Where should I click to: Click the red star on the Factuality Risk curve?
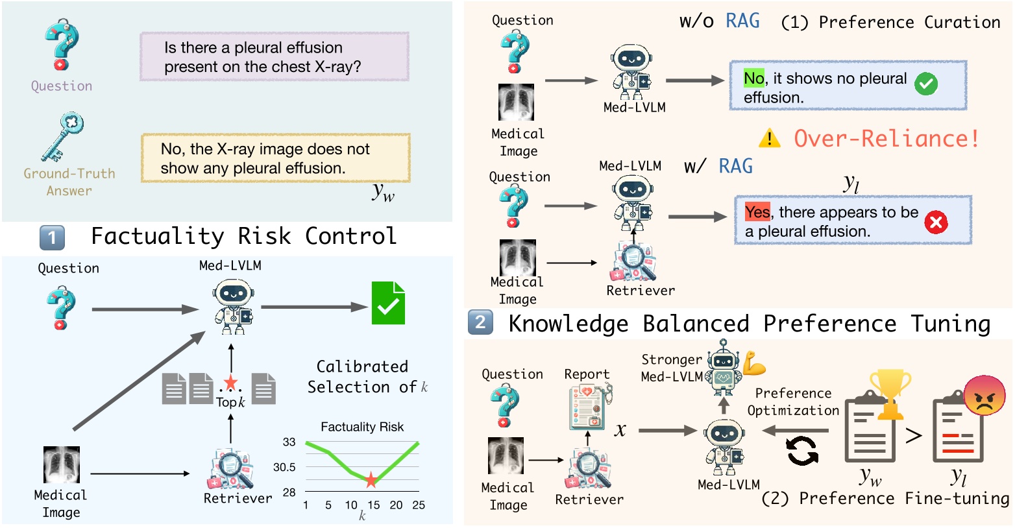coord(371,480)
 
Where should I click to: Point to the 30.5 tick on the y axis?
coord(284,467)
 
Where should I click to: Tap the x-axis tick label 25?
coord(419,505)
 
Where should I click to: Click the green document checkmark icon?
coord(388,304)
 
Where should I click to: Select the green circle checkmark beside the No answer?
coord(925,84)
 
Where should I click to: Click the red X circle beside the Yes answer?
coord(935,222)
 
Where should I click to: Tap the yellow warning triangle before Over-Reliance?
coord(770,138)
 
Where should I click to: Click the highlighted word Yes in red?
coord(757,212)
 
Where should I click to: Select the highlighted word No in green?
coord(753,78)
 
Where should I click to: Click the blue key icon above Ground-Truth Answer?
coord(63,136)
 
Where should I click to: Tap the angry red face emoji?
coord(984,395)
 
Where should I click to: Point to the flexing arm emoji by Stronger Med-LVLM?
coord(754,363)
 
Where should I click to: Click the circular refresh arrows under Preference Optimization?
coord(803,450)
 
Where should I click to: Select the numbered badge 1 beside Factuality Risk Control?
coord(52,237)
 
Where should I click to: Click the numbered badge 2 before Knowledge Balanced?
coord(480,322)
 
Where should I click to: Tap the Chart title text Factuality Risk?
coord(362,427)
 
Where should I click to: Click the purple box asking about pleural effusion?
coord(275,57)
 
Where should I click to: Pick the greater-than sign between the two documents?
coord(914,435)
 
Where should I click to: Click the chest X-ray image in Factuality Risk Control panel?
coord(62,465)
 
